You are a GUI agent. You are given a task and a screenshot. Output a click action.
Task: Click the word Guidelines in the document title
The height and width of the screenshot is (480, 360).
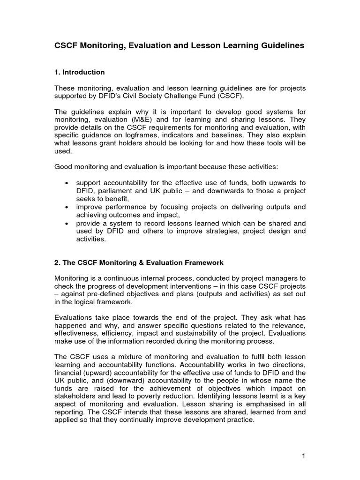(x=281, y=45)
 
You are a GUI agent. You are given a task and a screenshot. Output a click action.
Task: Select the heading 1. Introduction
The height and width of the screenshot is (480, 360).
(x=80, y=72)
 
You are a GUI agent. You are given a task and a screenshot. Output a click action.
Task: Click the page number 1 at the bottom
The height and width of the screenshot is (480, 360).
(x=303, y=455)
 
